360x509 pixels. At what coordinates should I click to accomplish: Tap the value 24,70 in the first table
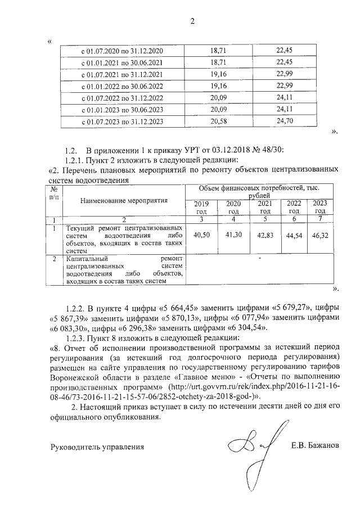pos(286,121)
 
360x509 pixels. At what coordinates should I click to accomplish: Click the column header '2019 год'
pos(201,207)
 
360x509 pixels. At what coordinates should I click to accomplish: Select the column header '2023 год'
pos(319,207)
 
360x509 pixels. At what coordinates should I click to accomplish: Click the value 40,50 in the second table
pos(201,235)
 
